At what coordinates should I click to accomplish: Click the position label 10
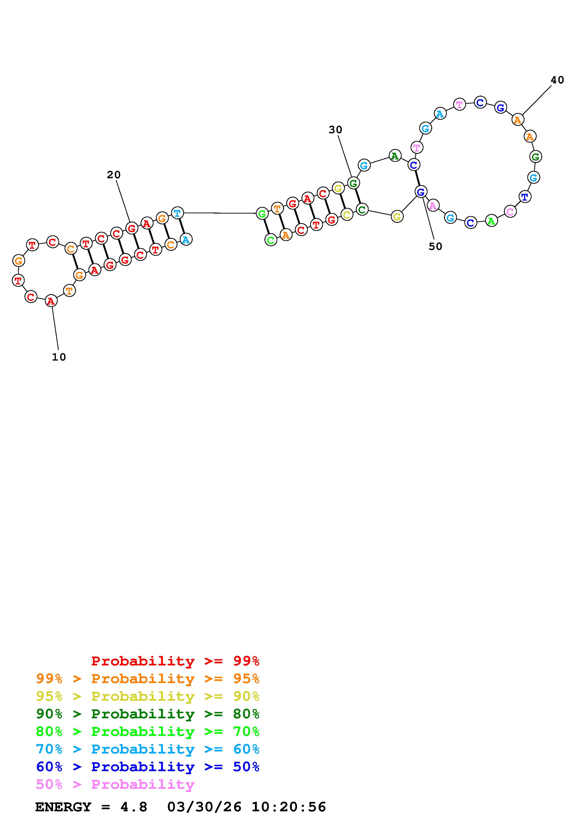pos(59,357)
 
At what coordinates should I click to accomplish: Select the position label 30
pos(336,130)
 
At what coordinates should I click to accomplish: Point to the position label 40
pos(558,80)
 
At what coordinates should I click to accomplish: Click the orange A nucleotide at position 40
pos(517,120)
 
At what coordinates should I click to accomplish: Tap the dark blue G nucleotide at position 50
pos(421,192)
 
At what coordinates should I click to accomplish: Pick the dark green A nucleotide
pos(395,156)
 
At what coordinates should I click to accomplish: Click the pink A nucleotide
pos(433,206)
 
